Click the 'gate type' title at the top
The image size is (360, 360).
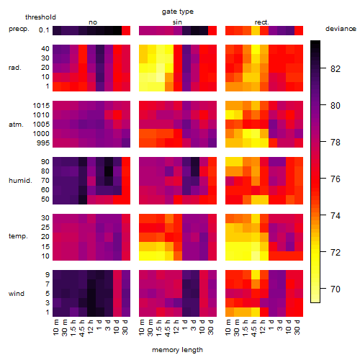[178, 12]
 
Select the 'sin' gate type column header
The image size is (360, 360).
[177, 22]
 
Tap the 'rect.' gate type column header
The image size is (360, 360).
[262, 22]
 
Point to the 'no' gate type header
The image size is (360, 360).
[93, 22]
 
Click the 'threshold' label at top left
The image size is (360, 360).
[40, 17]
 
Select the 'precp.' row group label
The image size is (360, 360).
[19, 29]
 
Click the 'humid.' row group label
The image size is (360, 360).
[20, 180]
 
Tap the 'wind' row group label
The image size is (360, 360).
[17, 293]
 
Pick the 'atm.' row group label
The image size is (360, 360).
[16, 125]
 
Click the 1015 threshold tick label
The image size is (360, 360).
[41, 106]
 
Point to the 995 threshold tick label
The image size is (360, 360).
[43, 143]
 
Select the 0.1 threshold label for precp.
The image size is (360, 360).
[44, 30]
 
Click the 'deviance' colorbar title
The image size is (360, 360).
[341, 29]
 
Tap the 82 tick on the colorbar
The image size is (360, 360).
[336, 69]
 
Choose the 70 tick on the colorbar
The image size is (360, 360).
[336, 289]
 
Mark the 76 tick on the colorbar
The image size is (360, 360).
[336, 179]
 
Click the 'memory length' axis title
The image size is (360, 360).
[177, 350]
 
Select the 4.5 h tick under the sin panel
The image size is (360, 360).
[168, 328]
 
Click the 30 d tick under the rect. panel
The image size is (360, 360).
[297, 327]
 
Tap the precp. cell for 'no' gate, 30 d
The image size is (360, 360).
[126, 30]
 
